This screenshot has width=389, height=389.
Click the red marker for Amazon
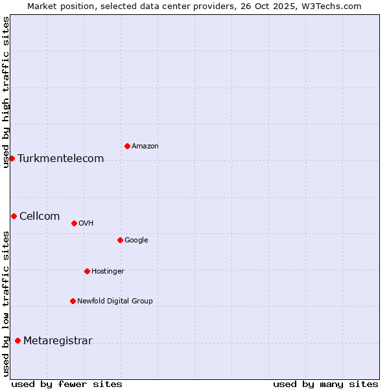coord(127,146)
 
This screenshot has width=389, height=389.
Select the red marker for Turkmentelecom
coord(12,158)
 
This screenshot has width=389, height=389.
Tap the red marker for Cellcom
coord(14,216)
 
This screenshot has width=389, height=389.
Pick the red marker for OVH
coord(74,223)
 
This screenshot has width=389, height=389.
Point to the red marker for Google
coord(120,240)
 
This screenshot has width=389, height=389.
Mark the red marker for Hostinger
coord(87,271)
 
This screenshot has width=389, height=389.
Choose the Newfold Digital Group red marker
coord(73,301)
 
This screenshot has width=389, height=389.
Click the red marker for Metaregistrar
coord(18,340)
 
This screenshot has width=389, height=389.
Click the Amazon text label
coord(145,147)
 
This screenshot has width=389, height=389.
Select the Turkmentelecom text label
coord(61,159)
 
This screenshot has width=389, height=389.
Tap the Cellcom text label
coord(40,217)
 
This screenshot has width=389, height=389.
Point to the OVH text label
coord(86,224)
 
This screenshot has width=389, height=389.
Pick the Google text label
coord(136,241)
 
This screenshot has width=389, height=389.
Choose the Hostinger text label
coord(108,272)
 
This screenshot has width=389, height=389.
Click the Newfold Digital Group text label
coord(115,301)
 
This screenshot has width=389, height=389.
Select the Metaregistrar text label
coord(58,341)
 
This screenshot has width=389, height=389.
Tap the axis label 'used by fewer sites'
coord(67,384)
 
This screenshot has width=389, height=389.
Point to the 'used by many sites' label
coord(325,384)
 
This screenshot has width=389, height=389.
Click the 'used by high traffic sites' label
coord(6,92)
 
